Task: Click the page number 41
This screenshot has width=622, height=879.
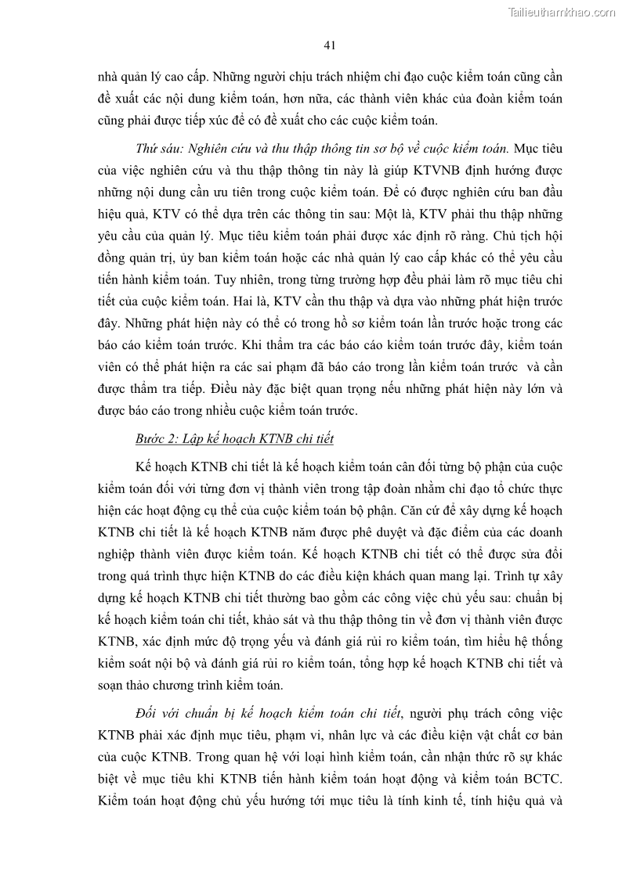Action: coord(329,45)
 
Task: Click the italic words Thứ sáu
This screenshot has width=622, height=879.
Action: coord(154,148)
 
